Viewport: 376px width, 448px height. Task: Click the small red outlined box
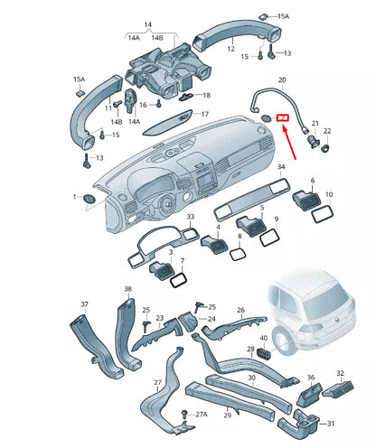(x=283, y=117)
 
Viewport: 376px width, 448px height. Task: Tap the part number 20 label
(x=282, y=79)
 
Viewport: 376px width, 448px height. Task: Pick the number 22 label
(x=327, y=132)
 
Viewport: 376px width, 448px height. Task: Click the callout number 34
(x=281, y=166)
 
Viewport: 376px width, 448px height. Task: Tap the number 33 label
(x=189, y=218)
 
